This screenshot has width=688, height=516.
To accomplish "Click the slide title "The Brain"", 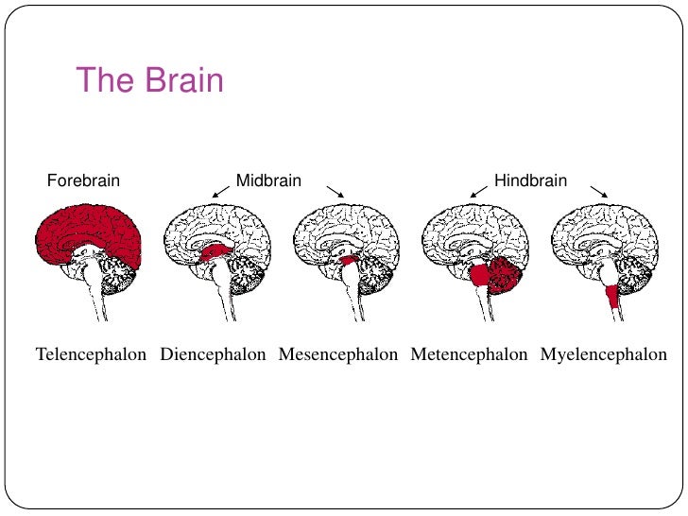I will pyautogui.click(x=149, y=80).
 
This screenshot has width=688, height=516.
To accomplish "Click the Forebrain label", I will pyautogui.click(x=83, y=180).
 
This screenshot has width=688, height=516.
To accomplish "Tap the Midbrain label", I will pyautogui.click(x=268, y=180).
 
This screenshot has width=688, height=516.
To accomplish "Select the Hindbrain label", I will pyautogui.click(x=530, y=180).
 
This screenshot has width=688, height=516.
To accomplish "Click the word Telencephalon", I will pyautogui.click(x=91, y=356).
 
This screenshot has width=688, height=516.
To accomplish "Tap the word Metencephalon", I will pyautogui.click(x=469, y=356).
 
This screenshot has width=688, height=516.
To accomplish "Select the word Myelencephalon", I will pyautogui.click(x=604, y=356).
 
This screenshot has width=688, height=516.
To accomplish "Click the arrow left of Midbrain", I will pyautogui.click(x=221, y=191).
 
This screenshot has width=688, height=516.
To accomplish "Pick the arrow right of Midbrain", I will pyautogui.click(x=335, y=191).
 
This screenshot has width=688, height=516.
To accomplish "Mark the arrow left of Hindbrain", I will pyautogui.click(x=479, y=191).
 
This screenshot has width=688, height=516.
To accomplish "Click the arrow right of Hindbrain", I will pyautogui.click(x=598, y=191).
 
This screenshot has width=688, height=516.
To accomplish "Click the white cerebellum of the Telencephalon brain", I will pyautogui.click(x=120, y=275).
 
